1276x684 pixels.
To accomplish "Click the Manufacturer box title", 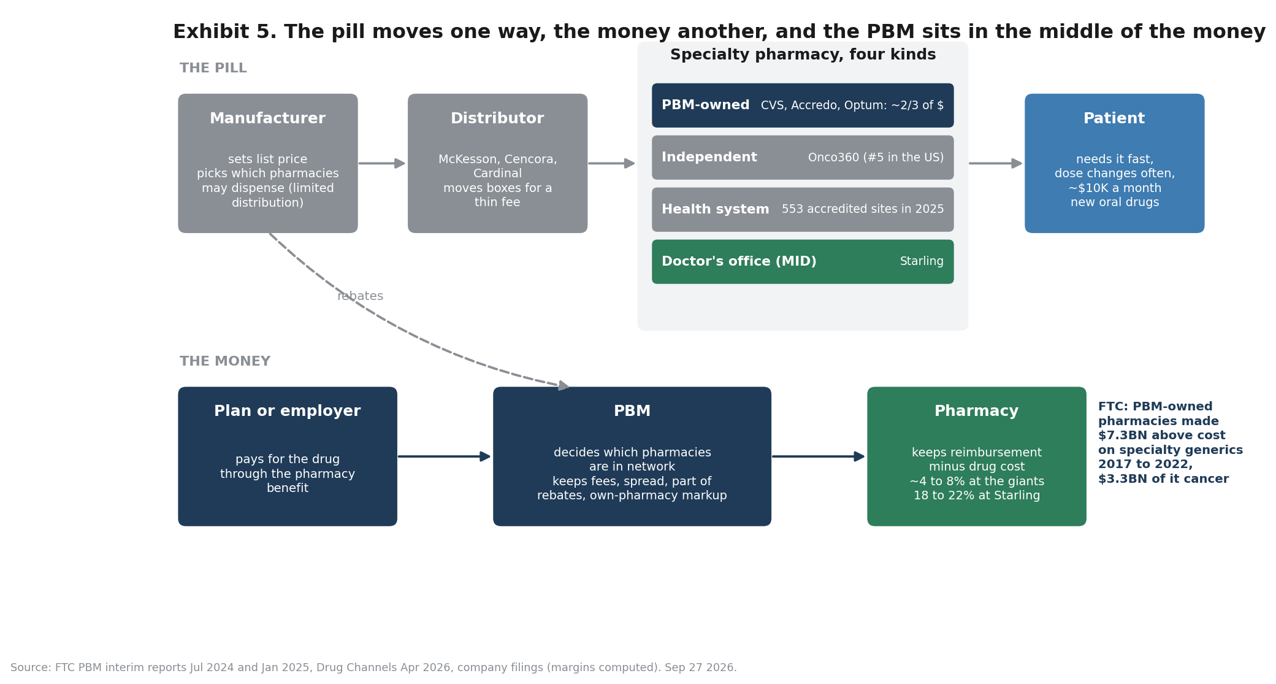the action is click(267, 118).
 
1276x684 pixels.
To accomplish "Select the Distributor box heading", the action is click(497, 118).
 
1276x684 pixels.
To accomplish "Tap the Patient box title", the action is click(1114, 118).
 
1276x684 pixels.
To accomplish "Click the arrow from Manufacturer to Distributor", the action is click(381, 163).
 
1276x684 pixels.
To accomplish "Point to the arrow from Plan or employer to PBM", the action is click(444, 456).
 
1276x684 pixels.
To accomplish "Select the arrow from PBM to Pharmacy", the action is click(818, 456).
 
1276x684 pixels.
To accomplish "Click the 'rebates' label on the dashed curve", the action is click(360, 296).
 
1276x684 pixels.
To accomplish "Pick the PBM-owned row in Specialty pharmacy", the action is click(803, 106).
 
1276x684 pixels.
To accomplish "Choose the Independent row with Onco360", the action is click(803, 158).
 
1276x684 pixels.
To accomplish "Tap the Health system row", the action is click(803, 210).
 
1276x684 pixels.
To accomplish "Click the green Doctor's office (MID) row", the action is click(803, 262).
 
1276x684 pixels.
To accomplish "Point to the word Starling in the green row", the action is click(922, 261).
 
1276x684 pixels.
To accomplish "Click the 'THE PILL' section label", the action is click(213, 68).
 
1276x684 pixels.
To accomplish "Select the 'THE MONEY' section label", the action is click(225, 361).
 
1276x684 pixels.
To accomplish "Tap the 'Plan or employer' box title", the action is click(288, 411).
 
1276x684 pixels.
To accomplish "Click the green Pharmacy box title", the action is click(976, 411).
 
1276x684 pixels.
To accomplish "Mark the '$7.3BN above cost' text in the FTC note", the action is click(1162, 436).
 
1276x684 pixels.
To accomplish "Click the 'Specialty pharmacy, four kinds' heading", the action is click(803, 55).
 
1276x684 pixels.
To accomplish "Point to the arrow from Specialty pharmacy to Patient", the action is click(996, 163).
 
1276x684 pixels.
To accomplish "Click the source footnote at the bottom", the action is click(373, 667).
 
